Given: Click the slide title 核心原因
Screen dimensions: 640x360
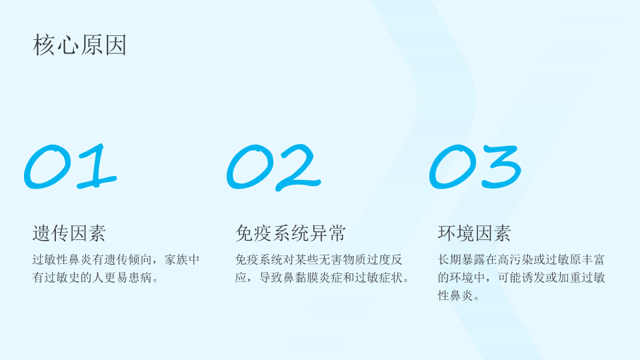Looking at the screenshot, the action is click(x=79, y=45).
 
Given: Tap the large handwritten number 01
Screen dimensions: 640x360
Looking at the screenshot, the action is click(x=70, y=166).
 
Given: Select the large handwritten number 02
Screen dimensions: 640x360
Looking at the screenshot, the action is click(x=273, y=167).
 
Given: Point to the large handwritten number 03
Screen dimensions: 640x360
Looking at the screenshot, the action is click(x=475, y=167).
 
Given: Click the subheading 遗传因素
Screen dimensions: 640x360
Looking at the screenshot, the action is click(x=69, y=233).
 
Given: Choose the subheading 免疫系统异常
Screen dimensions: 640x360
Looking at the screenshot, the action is click(x=290, y=233).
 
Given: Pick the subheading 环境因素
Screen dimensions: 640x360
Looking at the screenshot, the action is click(x=474, y=233).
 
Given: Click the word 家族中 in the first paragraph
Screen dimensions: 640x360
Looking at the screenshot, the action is click(x=181, y=259).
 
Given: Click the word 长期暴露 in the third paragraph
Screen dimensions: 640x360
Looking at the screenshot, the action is click(x=461, y=259).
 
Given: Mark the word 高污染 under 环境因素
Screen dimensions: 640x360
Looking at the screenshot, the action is click(x=515, y=259).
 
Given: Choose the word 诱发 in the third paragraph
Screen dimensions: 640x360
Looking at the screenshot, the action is click(x=533, y=277).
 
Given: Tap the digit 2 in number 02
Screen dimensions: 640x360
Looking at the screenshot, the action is click(x=298, y=168).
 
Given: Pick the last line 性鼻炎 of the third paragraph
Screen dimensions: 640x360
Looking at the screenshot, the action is click(x=455, y=295).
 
